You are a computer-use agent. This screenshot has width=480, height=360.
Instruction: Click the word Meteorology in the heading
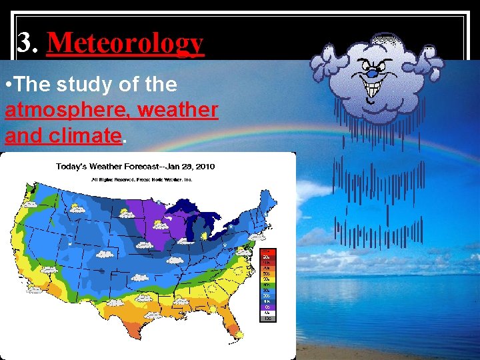pyautogui.click(x=125, y=43)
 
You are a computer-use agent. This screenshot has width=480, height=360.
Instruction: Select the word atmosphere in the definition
pyautogui.click(x=48, y=109)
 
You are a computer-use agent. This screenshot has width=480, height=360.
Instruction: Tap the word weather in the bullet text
pyautogui.click(x=177, y=109)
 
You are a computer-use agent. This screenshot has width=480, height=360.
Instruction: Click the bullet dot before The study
pyautogui.click(x=7, y=85)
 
